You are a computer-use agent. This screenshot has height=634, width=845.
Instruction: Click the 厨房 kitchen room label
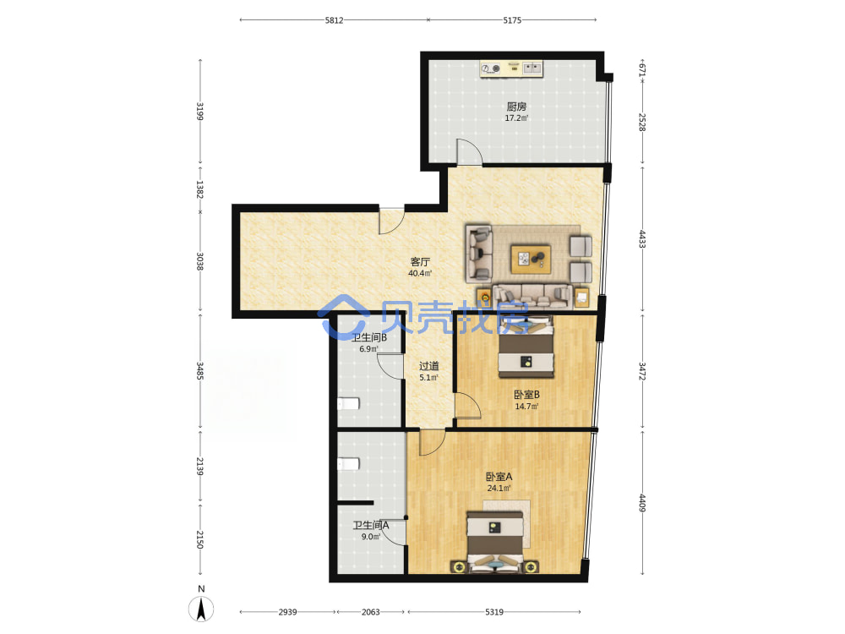pyautogui.click(x=516, y=107)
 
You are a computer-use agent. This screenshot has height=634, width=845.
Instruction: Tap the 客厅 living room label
pyautogui.click(x=420, y=262)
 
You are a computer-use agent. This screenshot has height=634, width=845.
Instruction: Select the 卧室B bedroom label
pyautogui.click(x=526, y=395)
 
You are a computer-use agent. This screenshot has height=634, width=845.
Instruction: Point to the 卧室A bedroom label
pyautogui.click(x=499, y=477)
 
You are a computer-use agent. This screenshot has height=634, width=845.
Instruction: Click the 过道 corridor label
pyautogui.click(x=429, y=366)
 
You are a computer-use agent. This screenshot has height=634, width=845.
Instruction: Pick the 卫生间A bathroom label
pyautogui.click(x=371, y=525)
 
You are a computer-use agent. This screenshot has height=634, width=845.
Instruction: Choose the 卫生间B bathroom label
pyautogui.click(x=369, y=337)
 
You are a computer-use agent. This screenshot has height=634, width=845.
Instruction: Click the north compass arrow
pyautogui.click(x=201, y=609)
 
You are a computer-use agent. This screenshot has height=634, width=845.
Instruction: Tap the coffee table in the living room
pyautogui.click(x=531, y=259)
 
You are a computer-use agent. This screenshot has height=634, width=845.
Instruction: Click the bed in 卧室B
pyautogui.click(x=526, y=347)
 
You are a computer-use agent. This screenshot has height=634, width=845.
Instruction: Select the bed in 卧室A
pyautogui.click(x=494, y=541)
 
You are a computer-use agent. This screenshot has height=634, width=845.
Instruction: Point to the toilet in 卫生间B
pyautogui.click(x=349, y=404)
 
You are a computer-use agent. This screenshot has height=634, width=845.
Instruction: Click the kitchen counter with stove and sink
pyautogui.click(x=511, y=68)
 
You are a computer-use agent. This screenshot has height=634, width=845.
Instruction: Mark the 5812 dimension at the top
pyautogui.click(x=334, y=20)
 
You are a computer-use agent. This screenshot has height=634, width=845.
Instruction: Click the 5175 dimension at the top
pyautogui.click(x=512, y=20)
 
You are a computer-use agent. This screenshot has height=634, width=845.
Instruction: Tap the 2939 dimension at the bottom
pyautogui.click(x=288, y=612)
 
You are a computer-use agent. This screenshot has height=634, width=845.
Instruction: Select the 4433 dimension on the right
pyautogui.click(x=642, y=239)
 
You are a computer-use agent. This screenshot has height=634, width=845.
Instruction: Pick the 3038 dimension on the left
pyautogui.click(x=200, y=261)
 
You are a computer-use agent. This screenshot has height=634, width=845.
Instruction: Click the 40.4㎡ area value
pyautogui.click(x=420, y=273)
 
